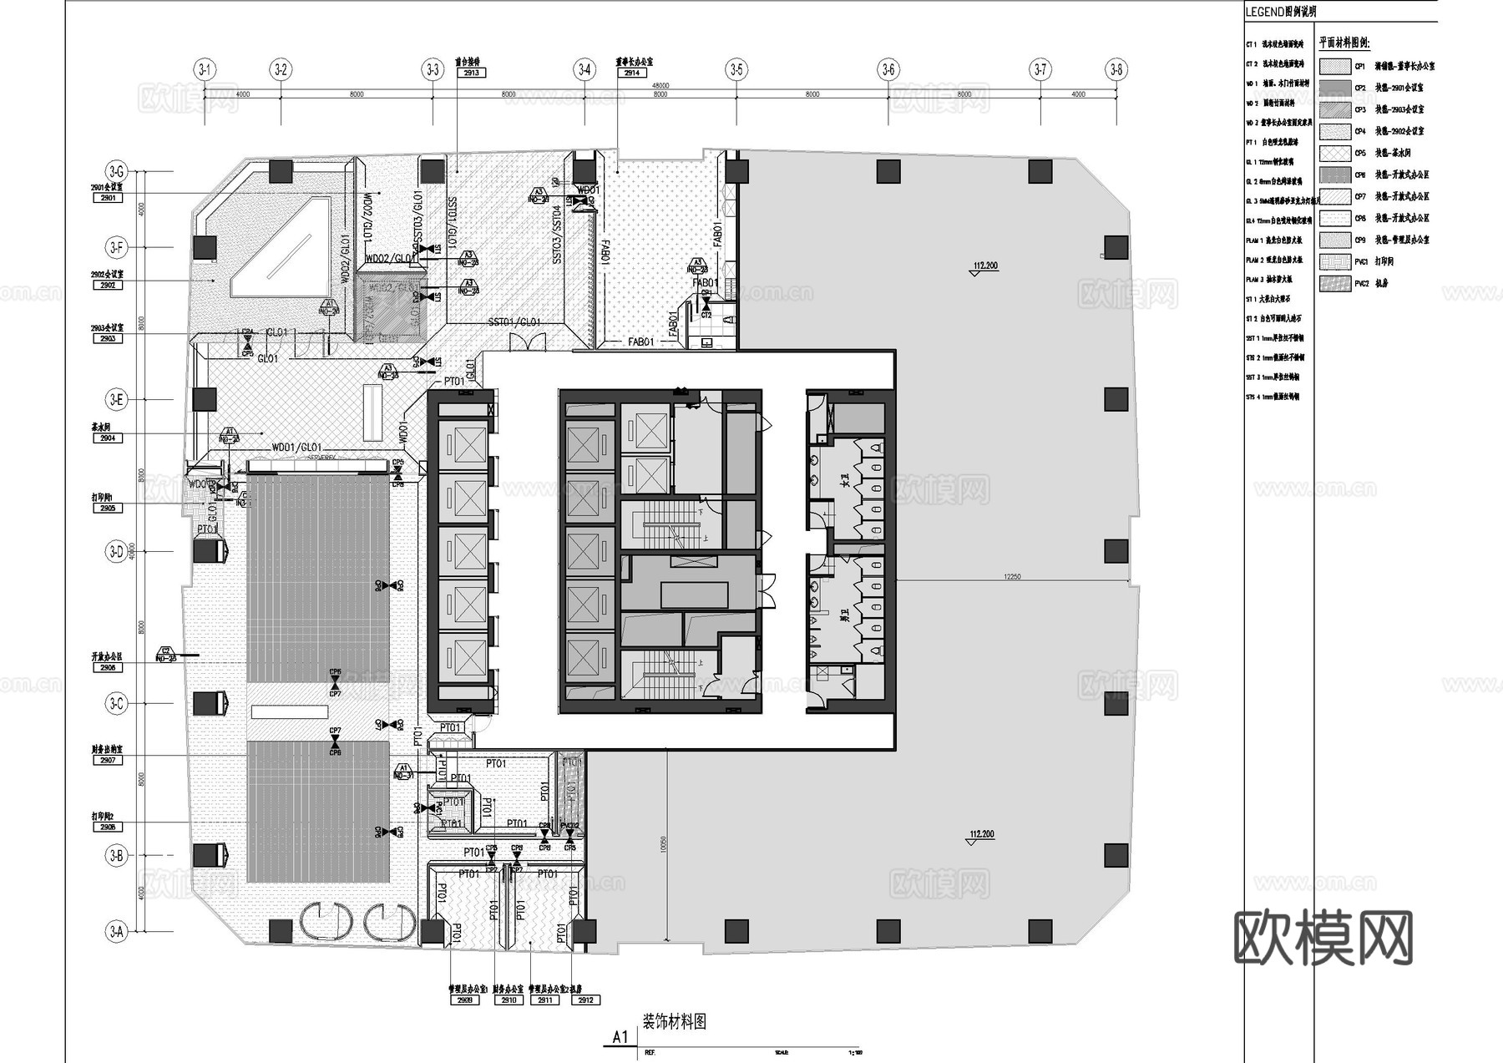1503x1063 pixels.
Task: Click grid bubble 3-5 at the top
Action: pos(736,69)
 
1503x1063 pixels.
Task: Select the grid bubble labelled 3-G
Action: pos(116,172)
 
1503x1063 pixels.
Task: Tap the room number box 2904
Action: pos(108,438)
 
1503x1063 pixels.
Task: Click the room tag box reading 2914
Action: pos(632,73)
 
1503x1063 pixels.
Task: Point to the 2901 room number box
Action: pos(108,198)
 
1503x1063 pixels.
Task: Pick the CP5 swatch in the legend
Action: pos(1335,153)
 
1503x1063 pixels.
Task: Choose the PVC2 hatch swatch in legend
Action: pos(1335,283)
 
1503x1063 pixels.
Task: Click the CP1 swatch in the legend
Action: pos(1335,66)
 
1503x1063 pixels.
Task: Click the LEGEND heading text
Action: pos(1280,12)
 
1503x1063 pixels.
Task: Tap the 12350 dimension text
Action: pos(1012,577)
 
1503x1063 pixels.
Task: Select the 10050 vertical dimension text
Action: pos(663,844)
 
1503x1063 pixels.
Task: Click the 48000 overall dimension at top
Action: pos(660,85)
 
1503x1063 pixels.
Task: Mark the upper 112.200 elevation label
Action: pos(985,266)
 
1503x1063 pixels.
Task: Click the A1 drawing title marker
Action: pos(620,1037)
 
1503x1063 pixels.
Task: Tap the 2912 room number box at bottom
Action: pos(584,1000)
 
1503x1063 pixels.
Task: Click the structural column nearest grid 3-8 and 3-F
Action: pos(1116,247)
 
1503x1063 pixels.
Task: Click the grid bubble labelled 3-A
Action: pos(116,931)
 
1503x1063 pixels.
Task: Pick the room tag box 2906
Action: pos(108,668)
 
